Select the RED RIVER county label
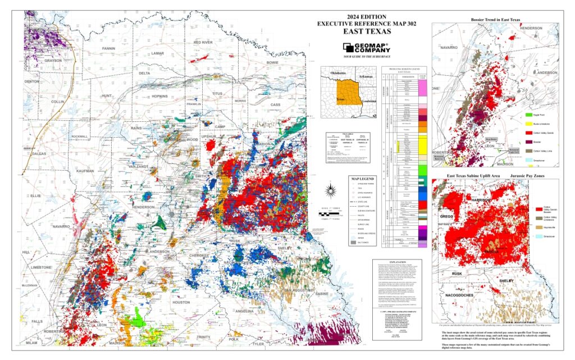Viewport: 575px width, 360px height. (x=203, y=42)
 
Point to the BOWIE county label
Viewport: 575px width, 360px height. (x=273, y=62)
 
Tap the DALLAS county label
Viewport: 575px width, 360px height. (x=39, y=153)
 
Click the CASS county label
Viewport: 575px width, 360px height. (x=275, y=104)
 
